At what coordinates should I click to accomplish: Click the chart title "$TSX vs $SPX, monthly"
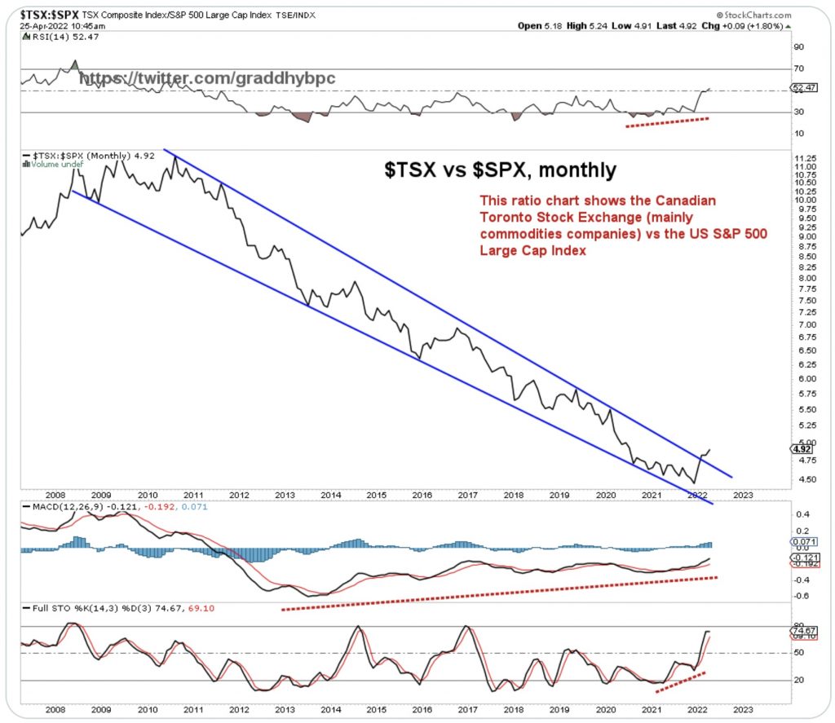[x=501, y=170]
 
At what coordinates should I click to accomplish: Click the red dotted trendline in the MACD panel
[x=497, y=593]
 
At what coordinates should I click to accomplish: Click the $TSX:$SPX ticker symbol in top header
[x=38, y=14]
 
